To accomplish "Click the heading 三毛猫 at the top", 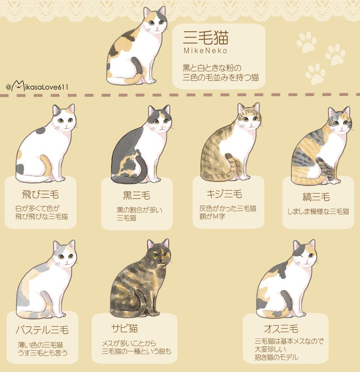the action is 206,38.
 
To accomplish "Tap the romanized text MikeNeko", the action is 205,51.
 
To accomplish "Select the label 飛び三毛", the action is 40,195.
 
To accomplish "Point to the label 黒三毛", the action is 137,195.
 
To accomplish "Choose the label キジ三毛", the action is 224,194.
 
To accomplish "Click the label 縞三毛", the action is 316,197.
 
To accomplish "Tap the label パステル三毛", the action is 42,330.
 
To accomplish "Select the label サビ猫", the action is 124,328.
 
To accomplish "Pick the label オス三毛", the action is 281,329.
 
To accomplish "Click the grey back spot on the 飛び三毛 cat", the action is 40,131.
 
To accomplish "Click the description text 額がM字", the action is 212,217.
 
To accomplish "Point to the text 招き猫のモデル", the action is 276,357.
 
